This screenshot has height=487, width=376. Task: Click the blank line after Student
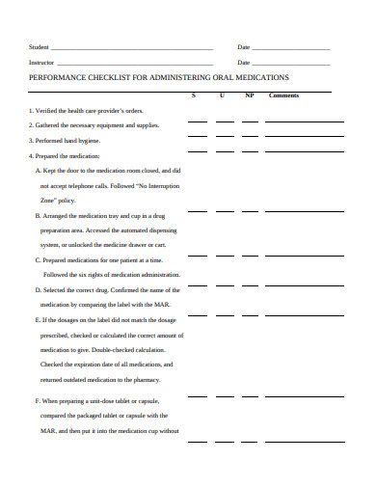[x=131, y=47]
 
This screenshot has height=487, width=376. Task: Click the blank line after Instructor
[x=135, y=62]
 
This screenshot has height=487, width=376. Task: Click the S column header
[x=194, y=95]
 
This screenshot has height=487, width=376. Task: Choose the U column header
[x=223, y=95]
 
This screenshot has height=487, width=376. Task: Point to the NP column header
[x=250, y=95]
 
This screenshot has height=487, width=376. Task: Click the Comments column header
[x=283, y=95]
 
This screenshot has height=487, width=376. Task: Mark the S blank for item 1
[x=197, y=123]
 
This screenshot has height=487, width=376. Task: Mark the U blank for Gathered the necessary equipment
[x=225, y=137]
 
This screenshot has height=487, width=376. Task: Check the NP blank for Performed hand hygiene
[x=251, y=151]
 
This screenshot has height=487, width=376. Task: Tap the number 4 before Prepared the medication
[x=31, y=155]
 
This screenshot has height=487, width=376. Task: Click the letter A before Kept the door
[x=38, y=169]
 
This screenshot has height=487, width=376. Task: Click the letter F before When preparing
[x=38, y=400]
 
